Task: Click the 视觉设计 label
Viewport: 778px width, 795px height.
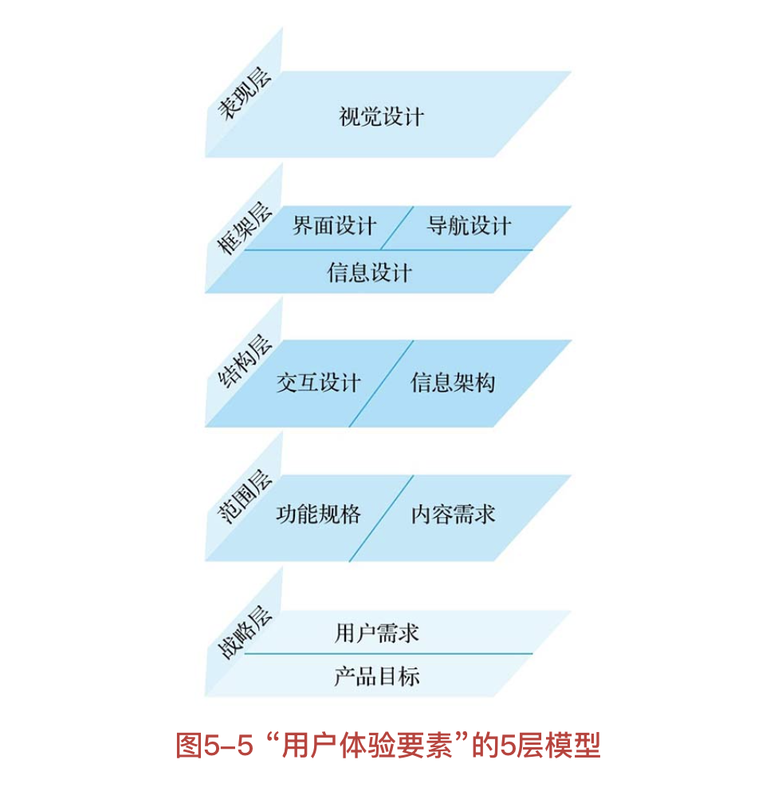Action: pyautogui.click(x=381, y=117)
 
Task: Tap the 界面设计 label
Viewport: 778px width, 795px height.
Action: pyautogui.click(x=334, y=225)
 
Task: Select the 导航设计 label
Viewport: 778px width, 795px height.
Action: pyautogui.click(x=468, y=225)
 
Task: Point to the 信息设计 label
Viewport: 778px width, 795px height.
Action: pyautogui.click(x=369, y=272)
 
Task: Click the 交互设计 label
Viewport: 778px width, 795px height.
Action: pyautogui.click(x=318, y=383)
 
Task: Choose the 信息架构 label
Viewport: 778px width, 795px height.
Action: pyautogui.click(x=452, y=383)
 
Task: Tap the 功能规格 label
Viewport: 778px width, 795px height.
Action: pyautogui.click(x=318, y=514)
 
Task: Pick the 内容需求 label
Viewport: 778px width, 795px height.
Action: pyautogui.click(x=452, y=514)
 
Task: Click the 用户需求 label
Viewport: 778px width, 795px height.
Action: pyautogui.click(x=376, y=633)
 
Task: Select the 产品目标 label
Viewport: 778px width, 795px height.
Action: pyautogui.click(x=376, y=676)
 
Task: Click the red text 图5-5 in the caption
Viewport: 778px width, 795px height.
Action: pyautogui.click(x=214, y=746)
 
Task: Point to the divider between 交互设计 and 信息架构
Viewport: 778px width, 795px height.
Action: pyautogui.click(x=381, y=384)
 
